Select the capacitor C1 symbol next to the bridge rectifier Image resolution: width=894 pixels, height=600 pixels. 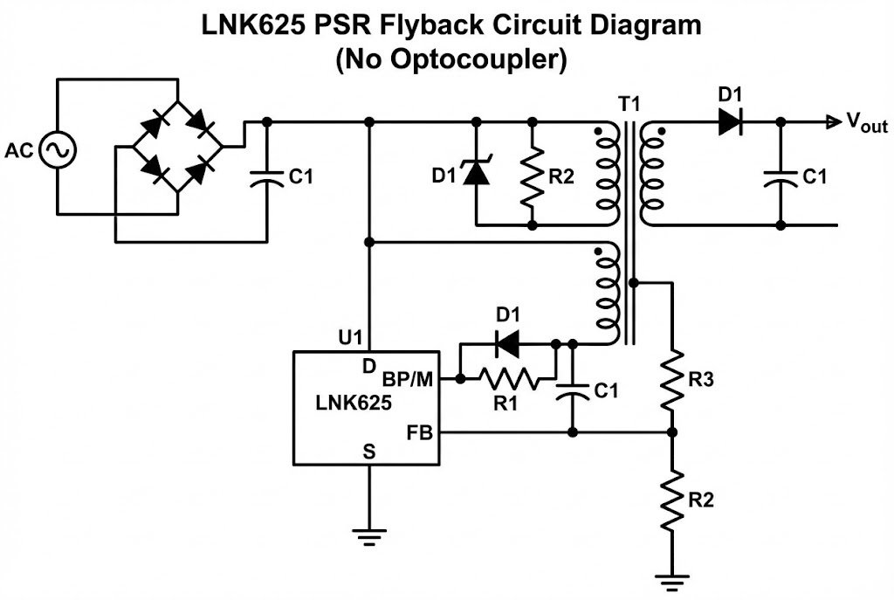click(266, 176)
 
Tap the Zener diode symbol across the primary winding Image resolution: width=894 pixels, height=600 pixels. click(476, 175)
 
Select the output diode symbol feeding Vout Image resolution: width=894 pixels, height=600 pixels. click(730, 122)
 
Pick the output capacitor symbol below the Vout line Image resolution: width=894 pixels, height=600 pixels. click(781, 177)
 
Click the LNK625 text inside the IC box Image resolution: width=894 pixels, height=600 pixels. click(354, 404)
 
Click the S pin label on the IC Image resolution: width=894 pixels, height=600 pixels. click(369, 452)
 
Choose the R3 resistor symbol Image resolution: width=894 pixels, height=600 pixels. click(672, 380)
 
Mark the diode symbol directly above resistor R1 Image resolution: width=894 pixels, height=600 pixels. click(507, 343)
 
